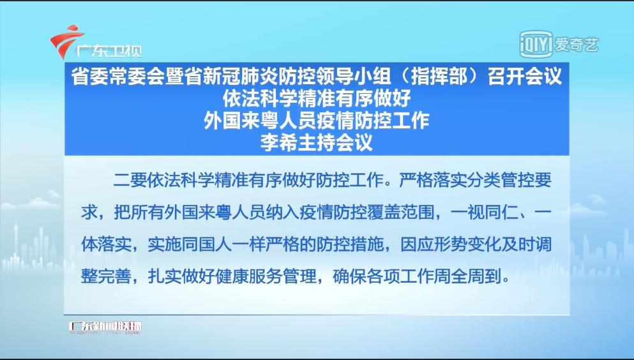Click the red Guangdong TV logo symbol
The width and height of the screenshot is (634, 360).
pyautogui.click(x=66, y=40)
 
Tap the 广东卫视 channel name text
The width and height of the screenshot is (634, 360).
pyautogui.click(x=109, y=51)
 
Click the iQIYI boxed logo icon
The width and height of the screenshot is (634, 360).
pyautogui.click(x=536, y=44)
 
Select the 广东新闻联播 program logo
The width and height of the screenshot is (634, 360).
pyautogui.click(x=105, y=327)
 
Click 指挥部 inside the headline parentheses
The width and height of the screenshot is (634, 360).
pyautogui.click(x=439, y=77)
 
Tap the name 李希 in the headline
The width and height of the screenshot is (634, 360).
pyautogui.click(x=278, y=142)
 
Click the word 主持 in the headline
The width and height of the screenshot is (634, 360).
pyautogui.click(x=316, y=142)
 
